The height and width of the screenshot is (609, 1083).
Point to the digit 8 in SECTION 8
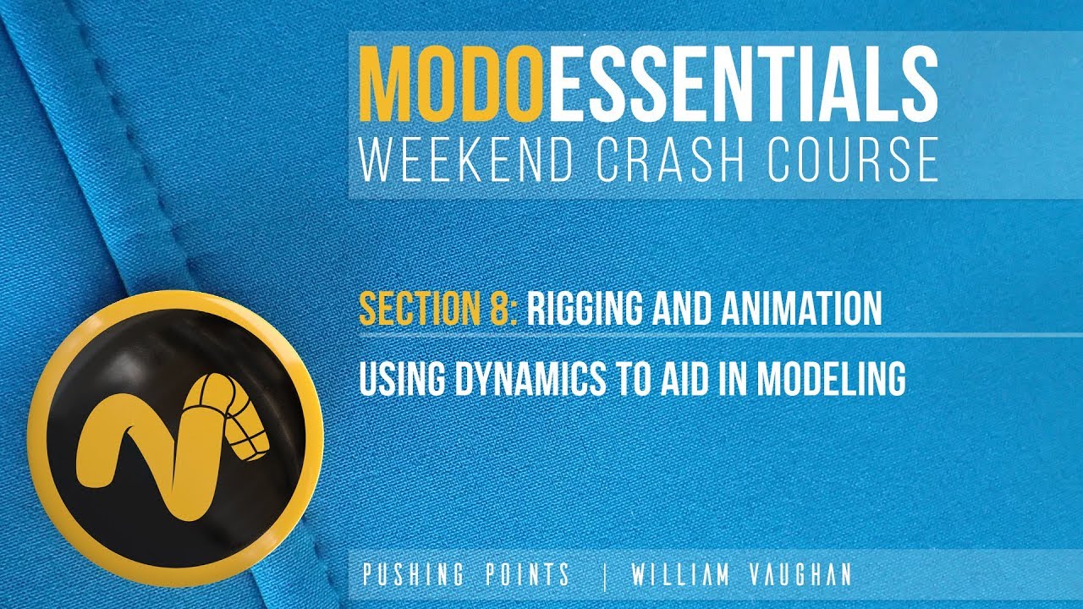[498, 310]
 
